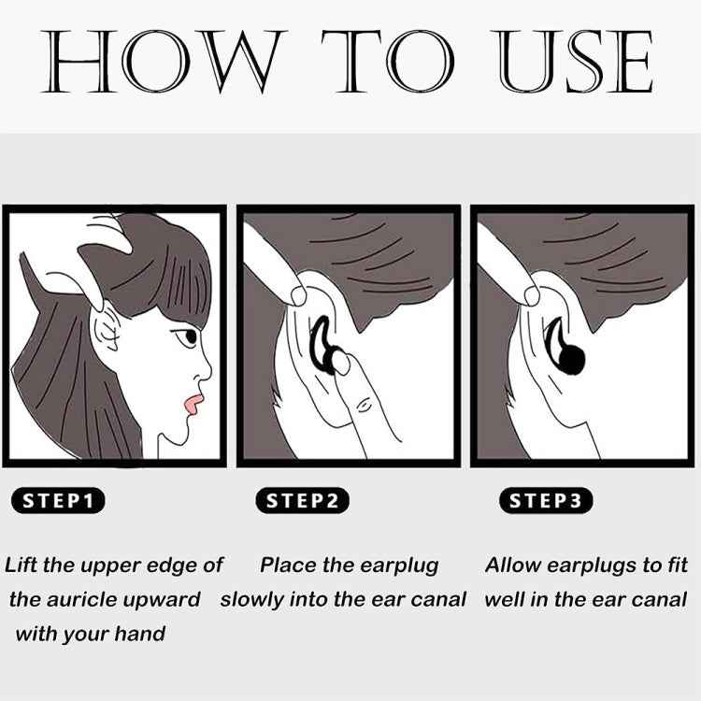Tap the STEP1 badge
pos(58,501)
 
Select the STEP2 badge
pos(302,501)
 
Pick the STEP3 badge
pos(546,501)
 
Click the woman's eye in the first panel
pos(188,336)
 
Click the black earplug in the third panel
pos(565,349)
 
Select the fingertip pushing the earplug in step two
pos(342,363)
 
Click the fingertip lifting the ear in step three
pos(532,296)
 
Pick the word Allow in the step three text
pos(514,565)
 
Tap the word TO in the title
pos(388,62)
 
